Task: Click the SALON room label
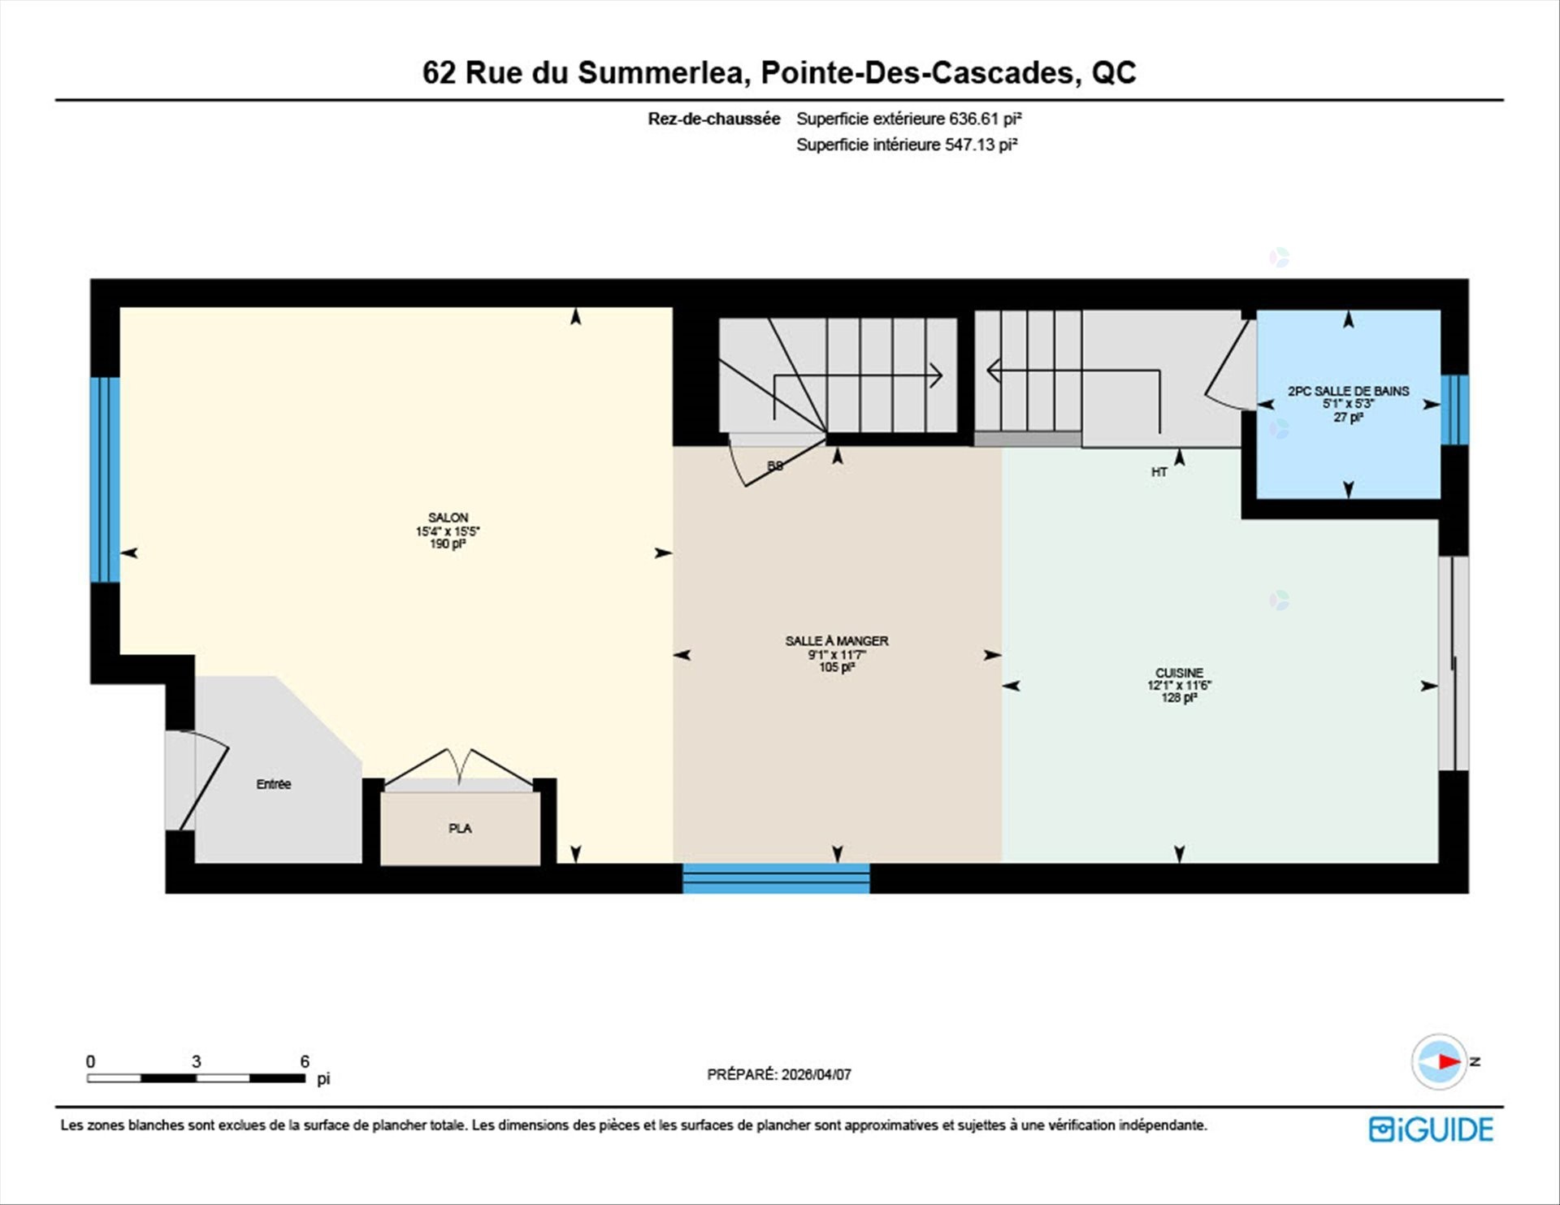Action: [448, 518]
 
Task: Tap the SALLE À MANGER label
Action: [836, 641]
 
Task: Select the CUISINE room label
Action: [1179, 673]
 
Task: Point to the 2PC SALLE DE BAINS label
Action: [1348, 391]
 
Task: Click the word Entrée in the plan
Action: [274, 784]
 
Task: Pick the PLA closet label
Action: [460, 829]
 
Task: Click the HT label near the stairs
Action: [1159, 472]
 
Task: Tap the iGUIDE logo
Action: [1431, 1129]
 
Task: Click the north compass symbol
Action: [1440, 1061]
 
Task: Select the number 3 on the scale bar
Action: [196, 1061]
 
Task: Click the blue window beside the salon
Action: [105, 479]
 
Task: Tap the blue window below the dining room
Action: [776, 878]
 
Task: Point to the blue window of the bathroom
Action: [1454, 410]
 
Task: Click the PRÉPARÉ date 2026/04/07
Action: [816, 1074]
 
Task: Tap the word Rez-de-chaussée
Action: [713, 119]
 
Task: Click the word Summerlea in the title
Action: [663, 73]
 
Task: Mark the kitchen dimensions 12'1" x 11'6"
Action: [1179, 686]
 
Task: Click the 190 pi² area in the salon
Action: [448, 544]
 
